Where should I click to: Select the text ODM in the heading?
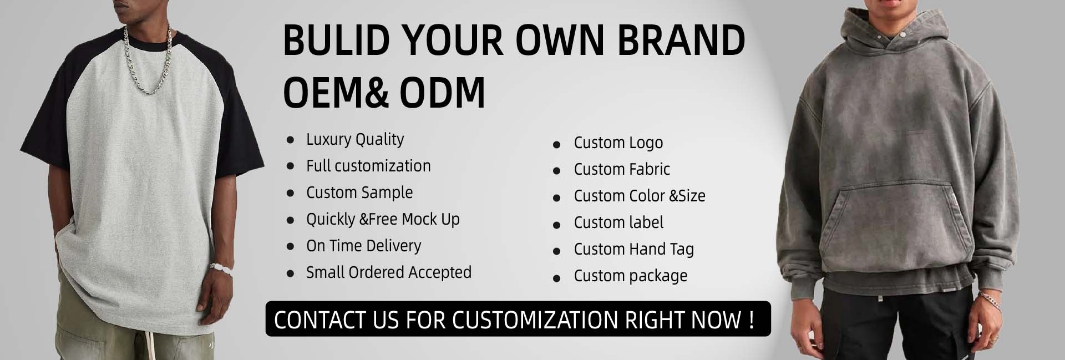pos(442,92)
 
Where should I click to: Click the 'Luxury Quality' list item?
pos(355,140)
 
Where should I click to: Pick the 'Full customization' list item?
pos(368,166)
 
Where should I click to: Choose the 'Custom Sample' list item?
pos(359,192)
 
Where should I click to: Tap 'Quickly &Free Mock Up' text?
pos(383,220)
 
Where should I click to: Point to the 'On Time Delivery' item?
pos(364,246)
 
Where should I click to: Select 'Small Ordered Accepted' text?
pos(389,272)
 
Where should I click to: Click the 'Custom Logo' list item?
pos(618,143)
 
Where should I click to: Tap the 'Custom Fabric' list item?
pos(622,169)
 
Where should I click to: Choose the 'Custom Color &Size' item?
pos(640,196)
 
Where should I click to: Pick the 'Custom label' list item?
pos(618,222)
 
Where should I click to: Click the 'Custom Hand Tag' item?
pos(634,250)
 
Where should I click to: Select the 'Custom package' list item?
pos(631,276)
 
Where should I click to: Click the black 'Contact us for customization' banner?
pos(518,319)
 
